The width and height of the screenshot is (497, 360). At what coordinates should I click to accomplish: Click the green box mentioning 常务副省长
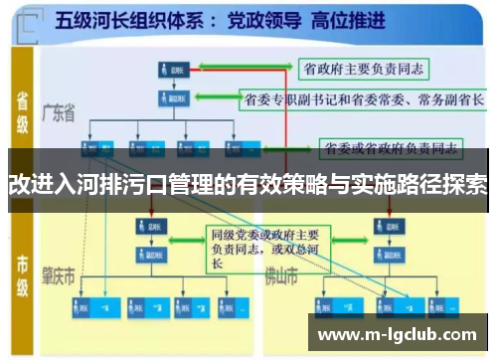(x=364, y=99)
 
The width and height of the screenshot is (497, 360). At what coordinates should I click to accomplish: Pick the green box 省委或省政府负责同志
(x=390, y=150)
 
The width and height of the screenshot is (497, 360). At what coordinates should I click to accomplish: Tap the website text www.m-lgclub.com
(x=403, y=335)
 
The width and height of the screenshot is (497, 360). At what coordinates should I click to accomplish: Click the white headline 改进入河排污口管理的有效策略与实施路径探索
(x=248, y=184)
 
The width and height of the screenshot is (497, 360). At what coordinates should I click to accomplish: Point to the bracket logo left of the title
(x=31, y=20)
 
